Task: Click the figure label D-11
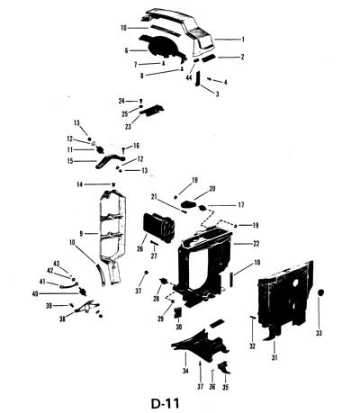pyautogui.click(x=166, y=403)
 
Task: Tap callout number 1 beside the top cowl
pyautogui.click(x=243, y=40)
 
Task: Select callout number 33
pyautogui.click(x=319, y=333)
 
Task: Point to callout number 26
pyautogui.click(x=140, y=248)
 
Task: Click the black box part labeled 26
pyautogui.click(x=159, y=227)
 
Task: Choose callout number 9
pyautogui.click(x=81, y=233)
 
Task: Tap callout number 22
pyautogui.click(x=256, y=244)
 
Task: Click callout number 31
pyautogui.click(x=274, y=357)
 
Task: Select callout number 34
pyautogui.click(x=185, y=371)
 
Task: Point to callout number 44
pyautogui.click(x=189, y=78)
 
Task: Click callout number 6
pyautogui.click(x=126, y=50)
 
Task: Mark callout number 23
pyautogui.click(x=128, y=127)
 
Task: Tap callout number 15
pyautogui.click(x=70, y=161)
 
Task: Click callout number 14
pyautogui.click(x=79, y=184)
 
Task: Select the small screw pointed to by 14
pyautogui.click(x=113, y=185)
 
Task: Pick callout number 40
pyautogui.click(x=35, y=293)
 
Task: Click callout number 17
pyautogui.click(x=241, y=205)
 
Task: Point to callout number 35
pyautogui.click(x=225, y=387)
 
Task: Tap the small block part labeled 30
pyautogui.click(x=178, y=312)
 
